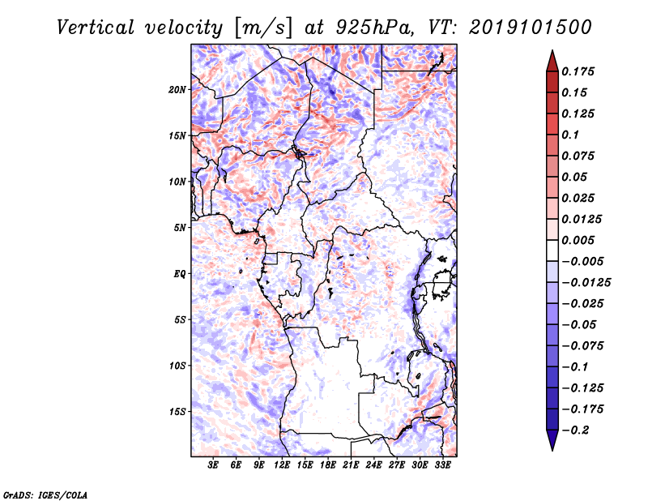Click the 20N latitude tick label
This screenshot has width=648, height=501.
coord(177,90)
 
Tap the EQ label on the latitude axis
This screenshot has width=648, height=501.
coord(180,274)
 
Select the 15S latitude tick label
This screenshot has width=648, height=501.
coord(177,412)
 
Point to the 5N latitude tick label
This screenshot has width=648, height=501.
coord(180,228)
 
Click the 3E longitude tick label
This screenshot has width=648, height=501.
coord(213,465)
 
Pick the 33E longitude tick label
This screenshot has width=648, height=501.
coord(442,465)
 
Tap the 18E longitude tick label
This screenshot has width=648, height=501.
coord(328,465)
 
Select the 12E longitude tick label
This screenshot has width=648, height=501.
coord(282,465)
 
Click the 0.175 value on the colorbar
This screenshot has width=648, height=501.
coord(578,71)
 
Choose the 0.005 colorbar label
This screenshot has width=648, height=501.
coord(578,240)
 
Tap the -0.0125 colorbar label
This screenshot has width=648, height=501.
coord(586,283)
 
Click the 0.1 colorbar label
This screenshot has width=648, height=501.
coord(570,135)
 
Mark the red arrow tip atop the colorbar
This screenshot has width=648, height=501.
coord(552,51)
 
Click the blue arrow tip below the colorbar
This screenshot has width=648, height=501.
coord(552,450)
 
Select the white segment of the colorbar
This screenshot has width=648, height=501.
coord(552,250)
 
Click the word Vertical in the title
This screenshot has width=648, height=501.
coord(96,28)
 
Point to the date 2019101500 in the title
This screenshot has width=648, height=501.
coord(531,28)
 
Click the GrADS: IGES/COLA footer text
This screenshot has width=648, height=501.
coord(45,495)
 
